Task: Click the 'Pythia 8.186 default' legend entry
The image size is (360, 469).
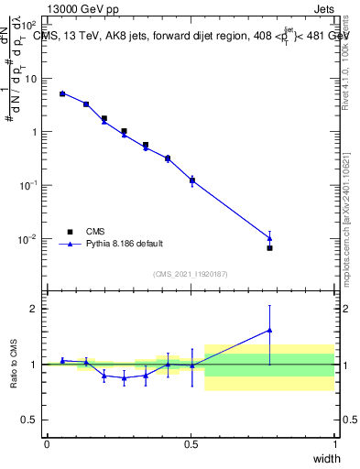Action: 126,244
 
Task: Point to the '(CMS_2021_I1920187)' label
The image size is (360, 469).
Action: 190,273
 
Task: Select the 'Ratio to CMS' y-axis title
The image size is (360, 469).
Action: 15,365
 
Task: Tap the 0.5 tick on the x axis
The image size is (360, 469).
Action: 191,444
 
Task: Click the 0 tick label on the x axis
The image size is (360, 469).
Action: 47,444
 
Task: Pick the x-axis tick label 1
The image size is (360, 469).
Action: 335,444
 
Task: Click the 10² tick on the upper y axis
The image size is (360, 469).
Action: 29,24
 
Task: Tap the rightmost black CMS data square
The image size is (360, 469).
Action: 269,248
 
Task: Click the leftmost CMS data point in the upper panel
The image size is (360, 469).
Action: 62,93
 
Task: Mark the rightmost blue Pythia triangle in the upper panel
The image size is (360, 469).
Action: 269,238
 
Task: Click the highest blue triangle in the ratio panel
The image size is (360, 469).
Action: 269,330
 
